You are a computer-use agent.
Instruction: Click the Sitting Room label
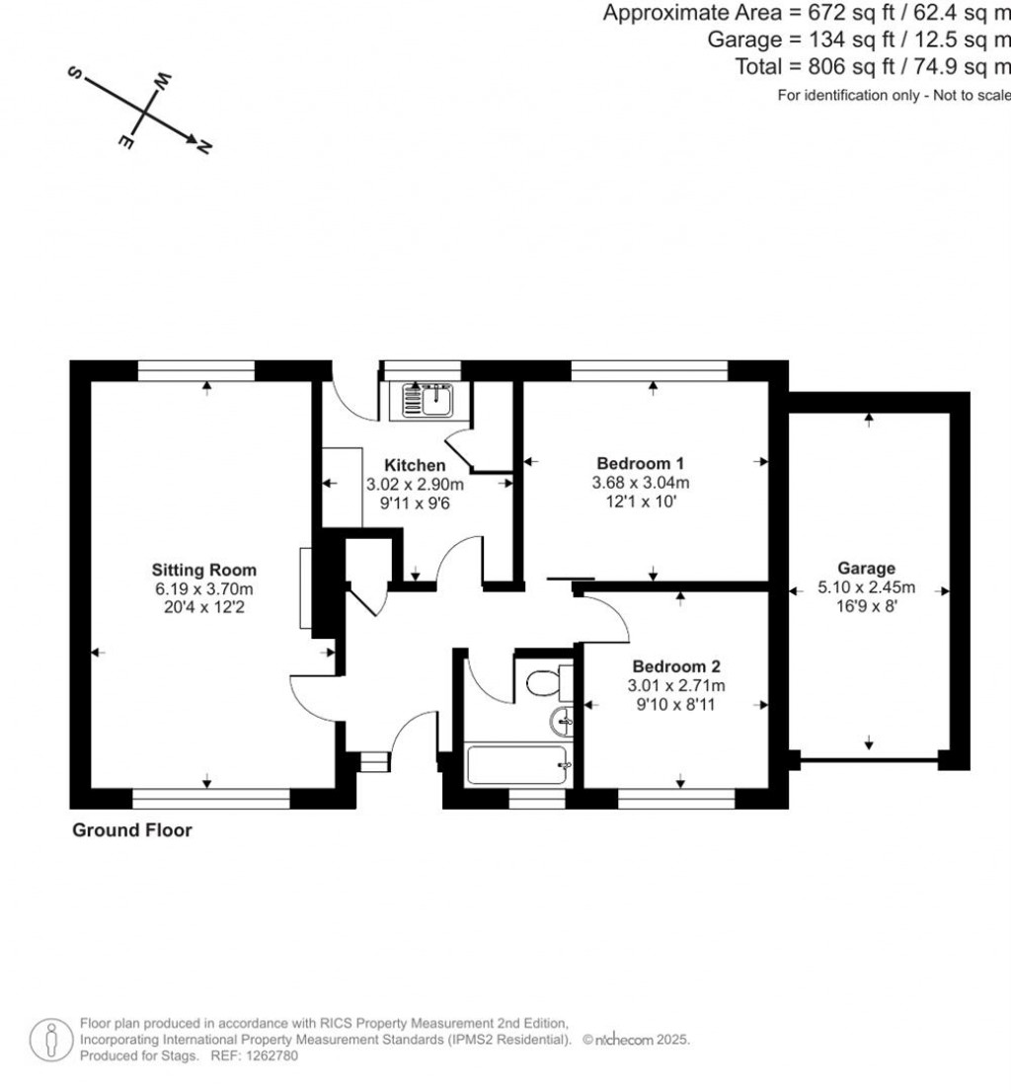[x=203, y=570]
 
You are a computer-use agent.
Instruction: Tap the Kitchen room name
[x=415, y=465]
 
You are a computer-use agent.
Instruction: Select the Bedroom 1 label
[x=641, y=463]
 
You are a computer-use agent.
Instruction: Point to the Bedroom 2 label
[x=676, y=666]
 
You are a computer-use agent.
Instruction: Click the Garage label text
[x=866, y=568]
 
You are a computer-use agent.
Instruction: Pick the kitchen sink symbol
[x=427, y=400]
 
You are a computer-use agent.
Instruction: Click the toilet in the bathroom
[x=549, y=682]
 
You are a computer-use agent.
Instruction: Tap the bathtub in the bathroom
[x=517, y=765]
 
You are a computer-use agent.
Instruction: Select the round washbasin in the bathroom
[x=562, y=722]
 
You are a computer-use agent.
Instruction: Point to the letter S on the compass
[x=74, y=72]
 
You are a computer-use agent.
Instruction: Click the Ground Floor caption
[x=132, y=830]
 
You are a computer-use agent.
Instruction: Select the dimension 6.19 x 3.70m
[x=203, y=588]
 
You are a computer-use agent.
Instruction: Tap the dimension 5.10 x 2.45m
[x=867, y=586]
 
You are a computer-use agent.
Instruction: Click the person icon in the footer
[x=50, y=1040]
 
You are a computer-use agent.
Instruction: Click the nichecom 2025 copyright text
[x=636, y=1040]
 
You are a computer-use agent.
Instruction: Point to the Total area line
[x=873, y=67]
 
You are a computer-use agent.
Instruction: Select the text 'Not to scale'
[x=972, y=95]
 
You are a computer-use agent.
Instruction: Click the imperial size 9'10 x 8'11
[x=676, y=704]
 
